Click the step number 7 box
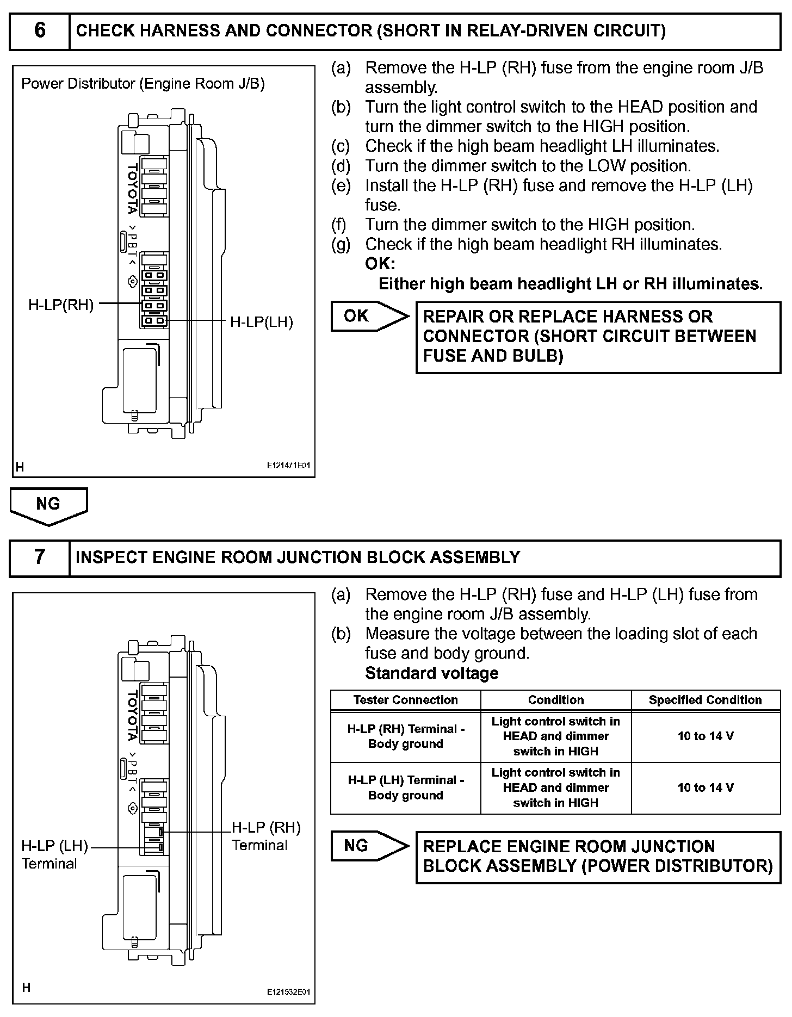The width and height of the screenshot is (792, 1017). (x=40, y=557)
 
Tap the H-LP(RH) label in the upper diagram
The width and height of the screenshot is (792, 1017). (x=61, y=305)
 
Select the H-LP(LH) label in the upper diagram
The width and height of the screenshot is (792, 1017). (x=261, y=322)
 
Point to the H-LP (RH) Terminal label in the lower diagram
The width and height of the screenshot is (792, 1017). (x=265, y=836)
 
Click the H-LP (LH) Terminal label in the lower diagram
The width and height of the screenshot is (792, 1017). (x=54, y=854)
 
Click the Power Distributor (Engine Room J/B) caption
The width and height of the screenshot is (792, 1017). (x=143, y=84)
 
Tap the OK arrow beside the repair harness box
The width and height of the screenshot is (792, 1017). (x=369, y=316)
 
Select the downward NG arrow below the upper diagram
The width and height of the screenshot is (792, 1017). (x=48, y=505)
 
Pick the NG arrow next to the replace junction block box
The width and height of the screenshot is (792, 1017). (x=369, y=846)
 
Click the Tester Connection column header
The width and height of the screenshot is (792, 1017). (x=405, y=700)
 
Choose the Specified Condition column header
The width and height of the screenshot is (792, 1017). (x=705, y=700)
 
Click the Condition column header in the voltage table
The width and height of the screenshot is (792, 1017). (x=555, y=700)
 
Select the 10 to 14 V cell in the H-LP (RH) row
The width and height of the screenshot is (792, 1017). (x=705, y=736)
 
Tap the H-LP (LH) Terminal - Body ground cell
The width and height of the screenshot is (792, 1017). (x=405, y=787)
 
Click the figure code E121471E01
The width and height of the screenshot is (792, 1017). (x=288, y=466)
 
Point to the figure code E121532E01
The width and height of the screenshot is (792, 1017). (x=288, y=992)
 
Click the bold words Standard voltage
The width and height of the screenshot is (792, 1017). (x=431, y=673)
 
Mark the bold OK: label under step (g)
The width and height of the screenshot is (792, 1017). (x=380, y=264)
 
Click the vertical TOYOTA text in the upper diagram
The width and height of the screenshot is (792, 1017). (x=132, y=189)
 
